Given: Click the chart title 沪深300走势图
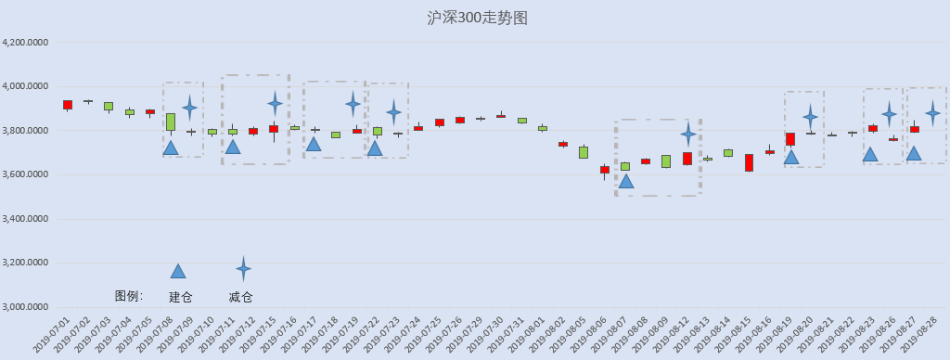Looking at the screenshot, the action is pos(478,19).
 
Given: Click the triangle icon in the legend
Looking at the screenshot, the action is pos(178,271).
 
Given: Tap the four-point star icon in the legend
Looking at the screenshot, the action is pos(244,268).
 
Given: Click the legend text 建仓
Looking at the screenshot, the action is pos(180,297).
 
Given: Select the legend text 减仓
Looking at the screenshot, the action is pos(240,297).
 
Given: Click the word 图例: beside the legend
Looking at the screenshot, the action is pos(129,296).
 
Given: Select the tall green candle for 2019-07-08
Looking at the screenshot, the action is pos(171,122).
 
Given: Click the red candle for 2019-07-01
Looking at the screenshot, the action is pos(68,105).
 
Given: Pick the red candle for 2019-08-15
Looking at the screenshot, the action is pos(750,162).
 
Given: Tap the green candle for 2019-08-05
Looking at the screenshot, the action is pos(584,152).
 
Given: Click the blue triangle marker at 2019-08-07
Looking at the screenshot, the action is pos(626,181).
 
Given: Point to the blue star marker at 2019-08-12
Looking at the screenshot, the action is pos(687,134).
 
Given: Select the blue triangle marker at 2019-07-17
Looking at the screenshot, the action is pos(314,144).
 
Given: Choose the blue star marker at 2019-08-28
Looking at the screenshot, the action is pos(933,112).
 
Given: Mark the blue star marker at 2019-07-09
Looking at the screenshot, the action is pos(189,108).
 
